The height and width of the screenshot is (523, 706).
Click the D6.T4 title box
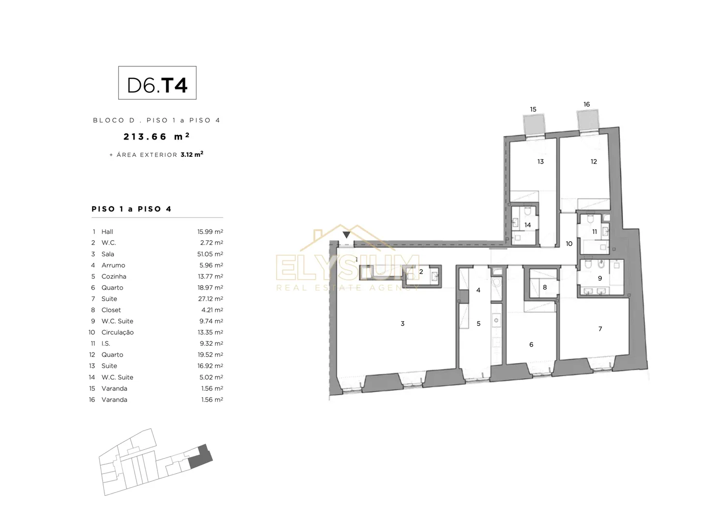click(157, 83)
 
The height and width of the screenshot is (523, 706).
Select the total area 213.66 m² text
click(156, 137)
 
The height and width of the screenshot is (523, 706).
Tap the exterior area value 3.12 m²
click(192, 154)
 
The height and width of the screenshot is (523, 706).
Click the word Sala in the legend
click(107, 254)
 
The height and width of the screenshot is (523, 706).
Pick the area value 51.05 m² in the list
click(210, 254)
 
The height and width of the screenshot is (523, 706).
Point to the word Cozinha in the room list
click(114, 277)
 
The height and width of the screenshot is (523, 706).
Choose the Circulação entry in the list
click(118, 332)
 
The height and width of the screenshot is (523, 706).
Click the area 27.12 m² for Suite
click(211, 299)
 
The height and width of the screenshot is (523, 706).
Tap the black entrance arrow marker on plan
click(347, 234)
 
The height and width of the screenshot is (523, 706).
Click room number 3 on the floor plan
click(402, 323)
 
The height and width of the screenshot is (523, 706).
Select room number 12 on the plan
click(594, 161)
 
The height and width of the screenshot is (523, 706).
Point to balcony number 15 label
click(533, 109)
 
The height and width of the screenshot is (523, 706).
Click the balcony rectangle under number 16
click(588, 120)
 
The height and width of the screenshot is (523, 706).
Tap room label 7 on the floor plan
click(600, 329)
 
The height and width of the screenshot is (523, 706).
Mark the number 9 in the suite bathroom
click(599, 278)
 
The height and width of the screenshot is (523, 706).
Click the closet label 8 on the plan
click(545, 287)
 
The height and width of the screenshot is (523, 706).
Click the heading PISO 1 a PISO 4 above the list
click(131, 209)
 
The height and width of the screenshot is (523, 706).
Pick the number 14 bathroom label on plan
click(528, 225)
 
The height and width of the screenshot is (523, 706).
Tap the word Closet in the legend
click(111, 310)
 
